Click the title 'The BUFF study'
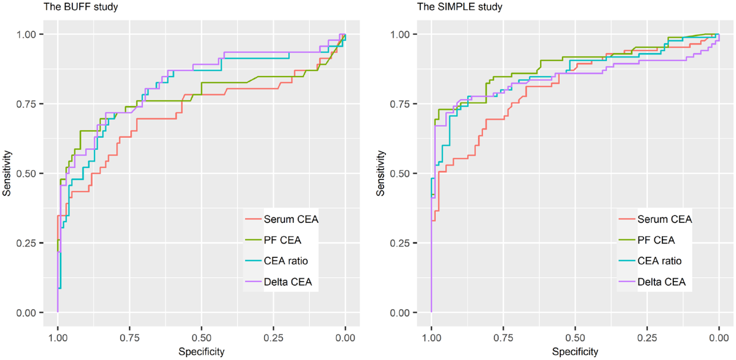point(81,7)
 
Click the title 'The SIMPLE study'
point(460,7)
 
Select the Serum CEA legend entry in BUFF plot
point(282,219)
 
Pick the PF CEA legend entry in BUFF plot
point(273,240)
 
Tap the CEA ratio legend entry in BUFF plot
point(276,261)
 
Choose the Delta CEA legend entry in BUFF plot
point(278,282)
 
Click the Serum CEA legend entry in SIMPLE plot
point(655,219)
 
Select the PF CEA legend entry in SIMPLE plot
point(647,240)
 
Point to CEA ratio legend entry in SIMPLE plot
point(650,261)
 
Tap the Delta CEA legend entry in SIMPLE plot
point(652,282)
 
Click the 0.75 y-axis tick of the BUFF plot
point(26,104)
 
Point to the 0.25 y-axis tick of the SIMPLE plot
point(400,243)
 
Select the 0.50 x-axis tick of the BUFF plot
point(201,338)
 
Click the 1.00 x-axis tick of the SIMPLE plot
point(431,338)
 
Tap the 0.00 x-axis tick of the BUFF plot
point(345,338)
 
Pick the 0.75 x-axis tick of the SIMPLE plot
point(503,338)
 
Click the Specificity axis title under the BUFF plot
point(201,351)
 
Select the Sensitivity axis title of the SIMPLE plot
point(380,173)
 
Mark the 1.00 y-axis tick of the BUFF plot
point(26,34)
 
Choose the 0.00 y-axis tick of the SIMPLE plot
point(400,313)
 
